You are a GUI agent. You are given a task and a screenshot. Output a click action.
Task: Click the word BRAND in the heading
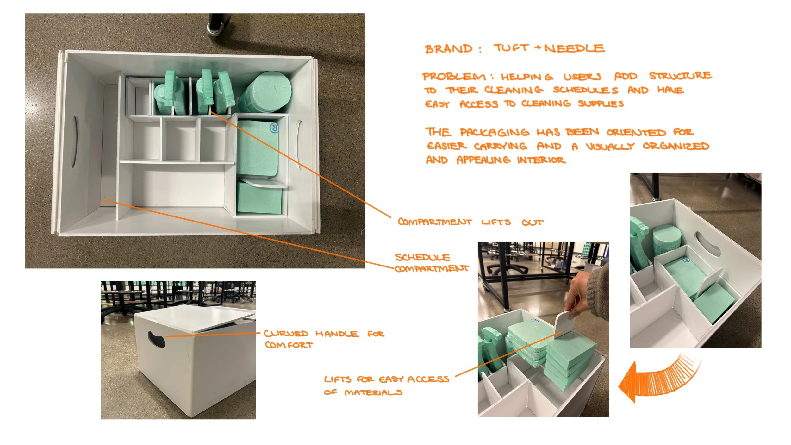pyautogui.click(x=449, y=49)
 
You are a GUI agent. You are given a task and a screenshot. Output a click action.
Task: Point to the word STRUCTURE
pyautogui.click(x=680, y=76)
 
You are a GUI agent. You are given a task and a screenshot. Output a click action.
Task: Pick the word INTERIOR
pyautogui.click(x=541, y=160)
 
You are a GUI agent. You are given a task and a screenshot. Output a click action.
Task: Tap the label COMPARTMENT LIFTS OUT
pyautogui.click(x=470, y=222)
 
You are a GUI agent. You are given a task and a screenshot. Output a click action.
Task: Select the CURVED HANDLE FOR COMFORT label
pyautogui.click(x=324, y=339)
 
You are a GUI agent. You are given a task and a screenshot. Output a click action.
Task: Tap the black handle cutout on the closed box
pyautogui.click(x=156, y=339)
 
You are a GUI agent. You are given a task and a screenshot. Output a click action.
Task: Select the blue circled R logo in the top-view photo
pyautogui.click(x=274, y=128)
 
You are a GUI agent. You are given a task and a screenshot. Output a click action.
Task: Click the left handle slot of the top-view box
pyautogui.click(x=75, y=142)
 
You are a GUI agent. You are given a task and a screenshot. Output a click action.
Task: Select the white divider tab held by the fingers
pyautogui.click(x=564, y=326)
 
